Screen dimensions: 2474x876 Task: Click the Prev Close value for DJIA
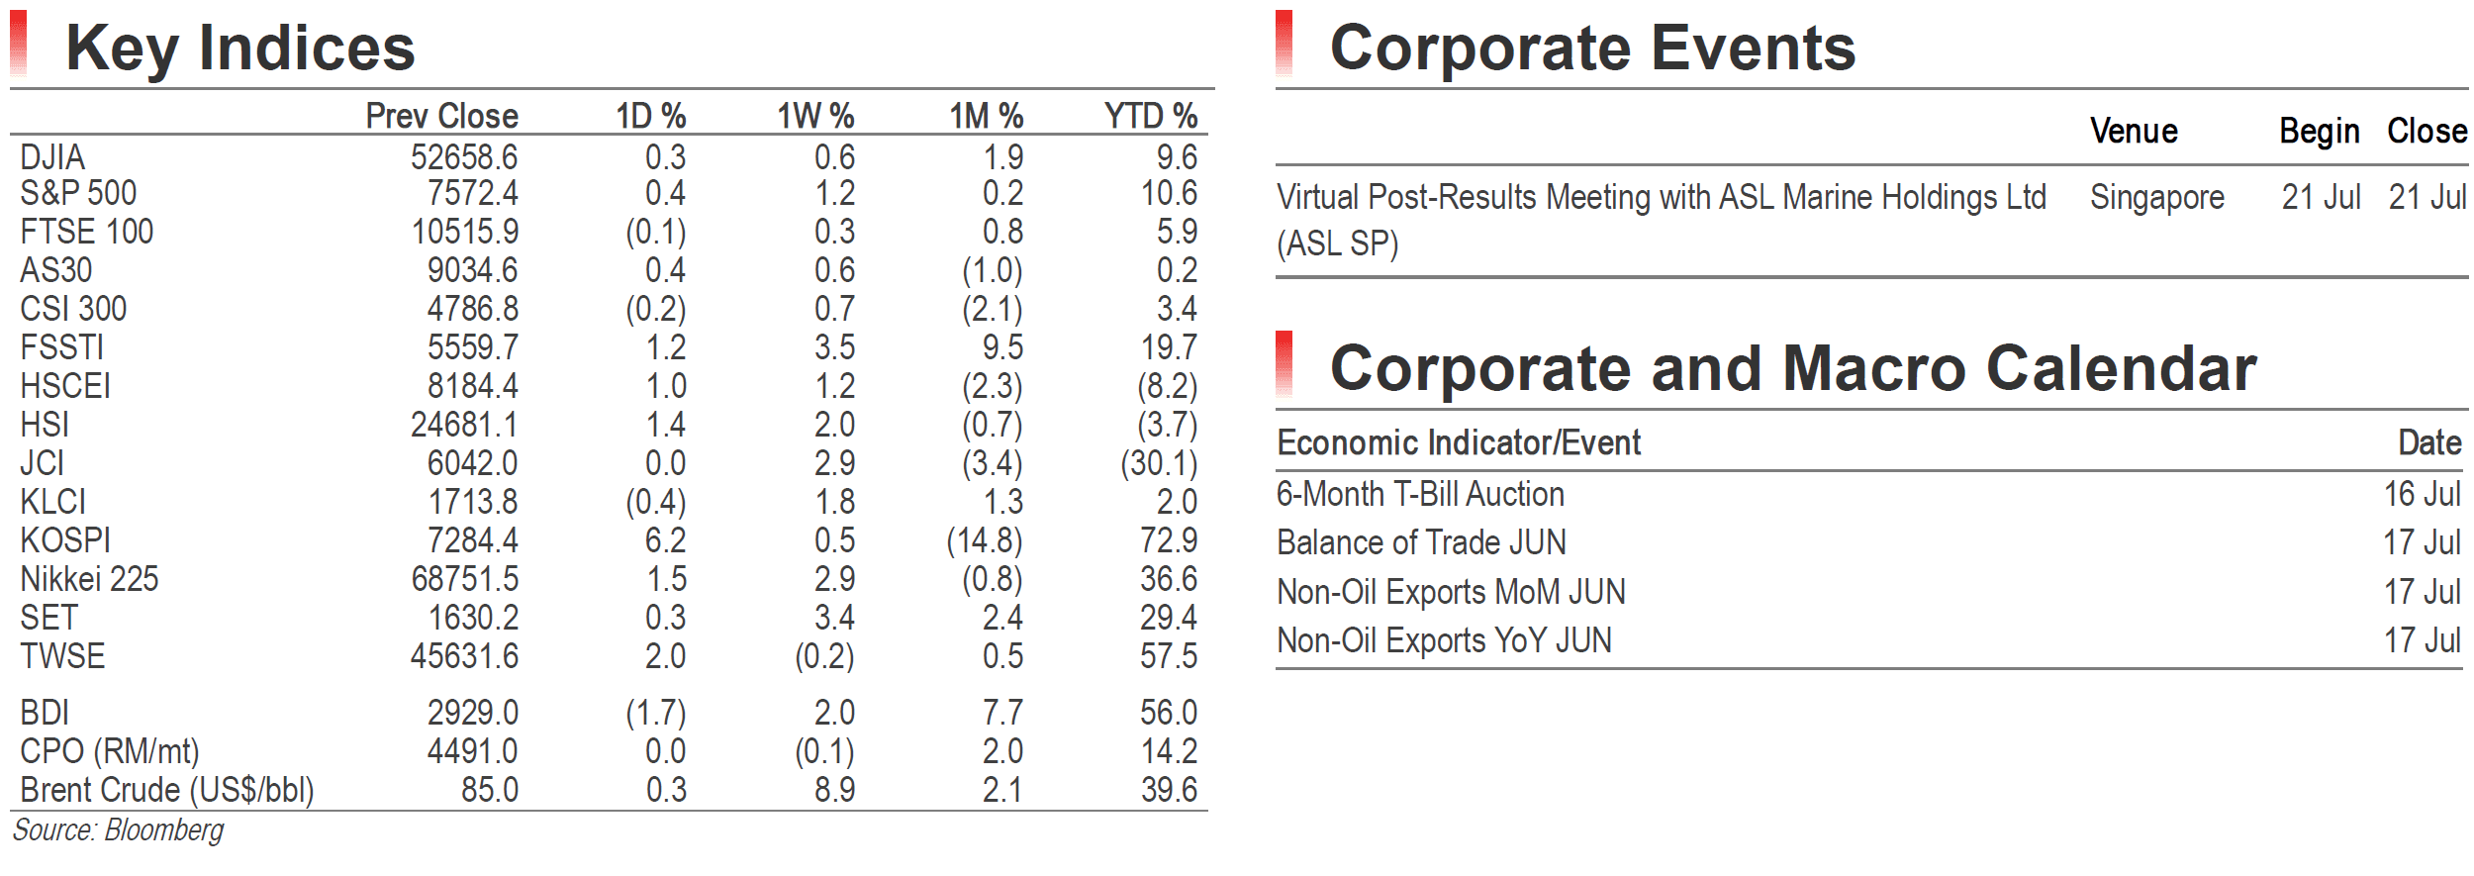click(464, 157)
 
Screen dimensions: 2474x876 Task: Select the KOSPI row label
click(65, 540)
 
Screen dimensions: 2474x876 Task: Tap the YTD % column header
click(1151, 116)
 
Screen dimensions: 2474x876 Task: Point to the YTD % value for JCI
click(1159, 463)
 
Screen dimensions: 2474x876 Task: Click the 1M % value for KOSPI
click(985, 540)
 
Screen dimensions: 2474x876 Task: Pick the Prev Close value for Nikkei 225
click(464, 579)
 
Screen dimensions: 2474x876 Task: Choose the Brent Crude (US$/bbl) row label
click(167, 790)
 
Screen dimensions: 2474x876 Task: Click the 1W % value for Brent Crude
click(834, 790)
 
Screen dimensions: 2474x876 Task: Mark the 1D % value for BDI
click(655, 713)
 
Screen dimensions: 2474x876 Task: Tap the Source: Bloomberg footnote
click(118, 829)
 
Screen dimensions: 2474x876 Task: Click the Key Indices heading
click(240, 48)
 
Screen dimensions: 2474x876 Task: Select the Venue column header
click(2134, 131)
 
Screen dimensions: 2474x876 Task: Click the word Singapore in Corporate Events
click(2157, 198)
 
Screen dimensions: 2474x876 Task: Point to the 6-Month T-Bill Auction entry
click(1420, 494)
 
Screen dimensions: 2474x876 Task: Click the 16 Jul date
click(2422, 494)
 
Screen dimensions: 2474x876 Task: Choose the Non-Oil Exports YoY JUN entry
click(1444, 640)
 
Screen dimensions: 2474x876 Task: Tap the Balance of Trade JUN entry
click(1421, 542)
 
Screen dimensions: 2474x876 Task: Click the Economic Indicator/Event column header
click(1459, 442)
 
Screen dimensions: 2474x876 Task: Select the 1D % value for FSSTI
click(665, 347)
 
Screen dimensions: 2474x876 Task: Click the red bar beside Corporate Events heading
click(1285, 44)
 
